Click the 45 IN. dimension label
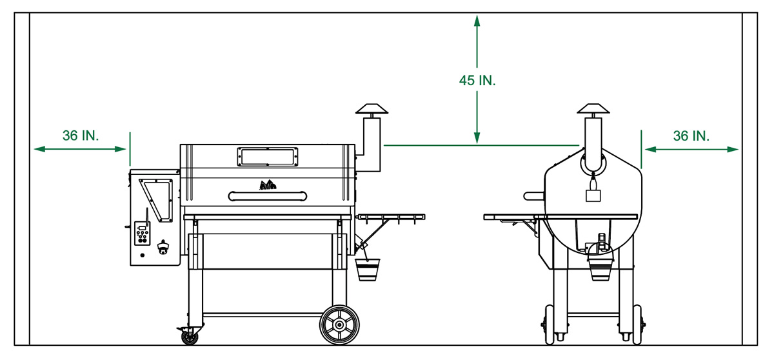[x=477, y=81]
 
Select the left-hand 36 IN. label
[x=81, y=135]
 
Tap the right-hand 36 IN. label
[x=691, y=135]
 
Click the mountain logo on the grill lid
[x=268, y=185]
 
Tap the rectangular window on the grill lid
[x=268, y=156]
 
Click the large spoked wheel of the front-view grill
[x=339, y=325]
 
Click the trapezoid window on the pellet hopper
[x=156, y=198]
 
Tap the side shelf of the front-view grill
[x=391, y=215]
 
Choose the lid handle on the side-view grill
[x=533, y=195]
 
